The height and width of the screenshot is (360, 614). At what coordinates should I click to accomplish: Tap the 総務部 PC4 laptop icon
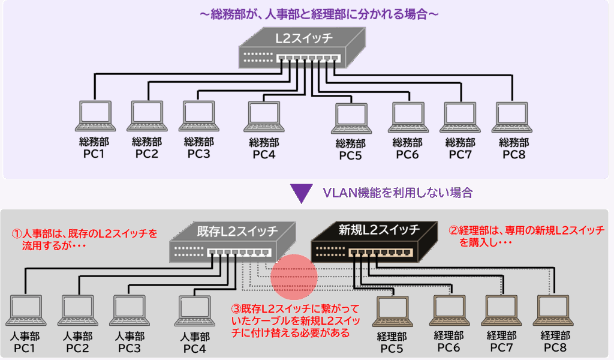264,116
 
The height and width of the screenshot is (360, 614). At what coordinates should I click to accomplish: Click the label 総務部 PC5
350,150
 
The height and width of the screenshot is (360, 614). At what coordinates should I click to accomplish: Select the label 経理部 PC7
501,342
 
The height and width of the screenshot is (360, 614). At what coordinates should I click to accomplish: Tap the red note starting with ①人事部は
85,238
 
